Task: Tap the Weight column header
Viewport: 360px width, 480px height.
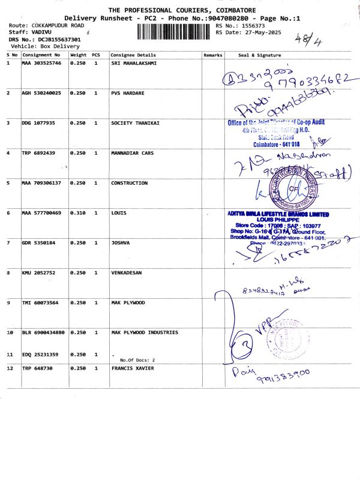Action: [x=79, y=55]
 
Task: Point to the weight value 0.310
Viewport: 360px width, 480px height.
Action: [x=79, y=213]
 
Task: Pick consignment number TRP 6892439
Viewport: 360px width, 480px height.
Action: [x=39, y=153]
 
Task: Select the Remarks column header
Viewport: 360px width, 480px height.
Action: [x=213, y=55]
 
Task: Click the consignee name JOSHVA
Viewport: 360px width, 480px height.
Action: [x=121, y=242]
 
